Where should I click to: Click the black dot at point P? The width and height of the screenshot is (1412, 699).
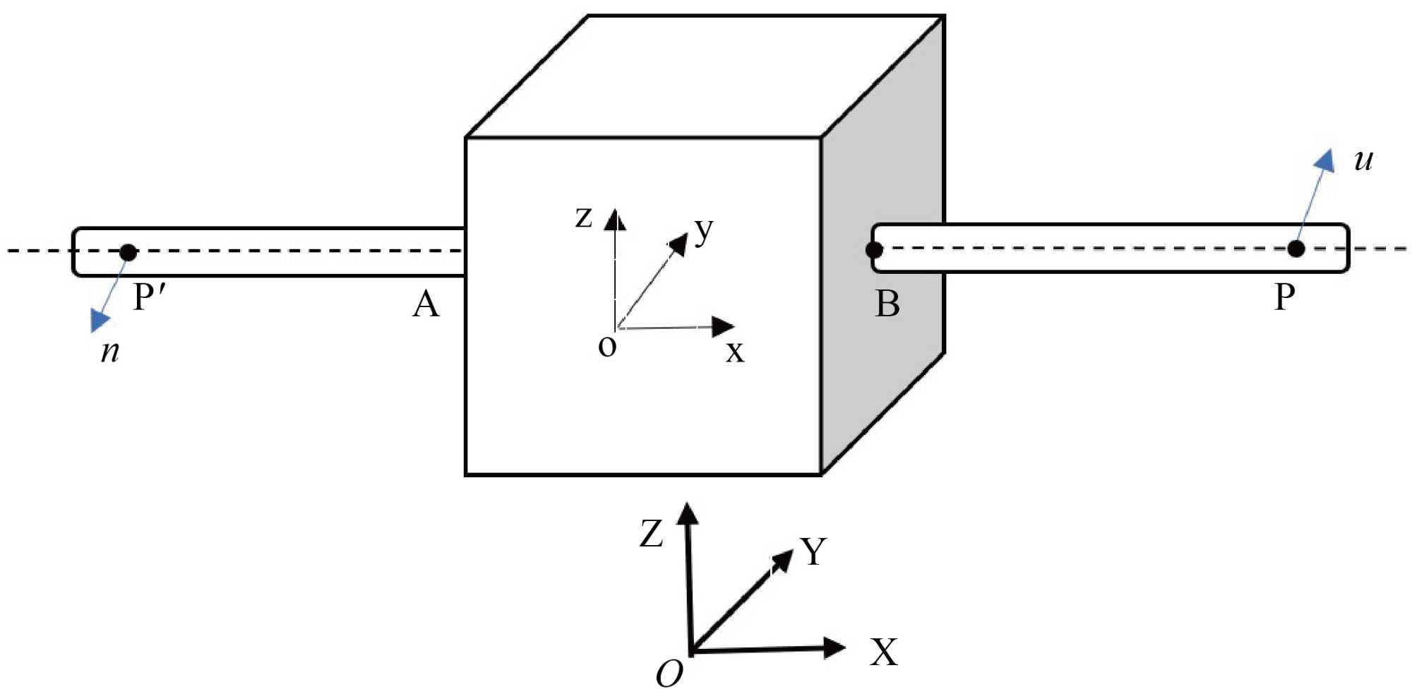[x=1296, y=249]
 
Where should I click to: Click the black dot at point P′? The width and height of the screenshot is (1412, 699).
[x=128, y=252]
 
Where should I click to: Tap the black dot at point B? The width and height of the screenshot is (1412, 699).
[x=874, y=249]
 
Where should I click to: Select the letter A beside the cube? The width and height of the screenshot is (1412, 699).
[x=426, y=304]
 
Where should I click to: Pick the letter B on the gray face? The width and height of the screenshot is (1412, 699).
[x=887, y=304]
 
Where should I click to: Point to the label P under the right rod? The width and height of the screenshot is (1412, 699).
[x=1284, y=297]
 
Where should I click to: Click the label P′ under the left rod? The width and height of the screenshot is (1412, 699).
[x=149, y=297]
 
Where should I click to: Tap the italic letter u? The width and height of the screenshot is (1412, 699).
[x=1363, y=160]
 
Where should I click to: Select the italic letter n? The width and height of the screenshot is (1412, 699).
[x=110, y=350]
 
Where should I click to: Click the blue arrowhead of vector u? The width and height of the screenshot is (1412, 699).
[x=1325, y=160]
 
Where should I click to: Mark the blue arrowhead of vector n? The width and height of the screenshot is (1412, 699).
[x=100, y=321]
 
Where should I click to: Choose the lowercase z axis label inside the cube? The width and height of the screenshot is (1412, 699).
[x=584, y=217]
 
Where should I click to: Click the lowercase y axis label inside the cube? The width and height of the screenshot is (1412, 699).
[x=703, y=230]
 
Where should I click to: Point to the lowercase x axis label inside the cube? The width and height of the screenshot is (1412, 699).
[x=735, y=351]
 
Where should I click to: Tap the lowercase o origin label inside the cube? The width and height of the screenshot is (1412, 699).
[x=607, y=347]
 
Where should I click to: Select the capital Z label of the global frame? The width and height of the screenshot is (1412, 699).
[x=651, y=533]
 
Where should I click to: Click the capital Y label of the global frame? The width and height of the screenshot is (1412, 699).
[x=813, y=551]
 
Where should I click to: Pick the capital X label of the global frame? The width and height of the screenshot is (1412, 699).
[x=883, y=652]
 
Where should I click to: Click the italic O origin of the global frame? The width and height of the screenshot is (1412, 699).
[x=669, y=674]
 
